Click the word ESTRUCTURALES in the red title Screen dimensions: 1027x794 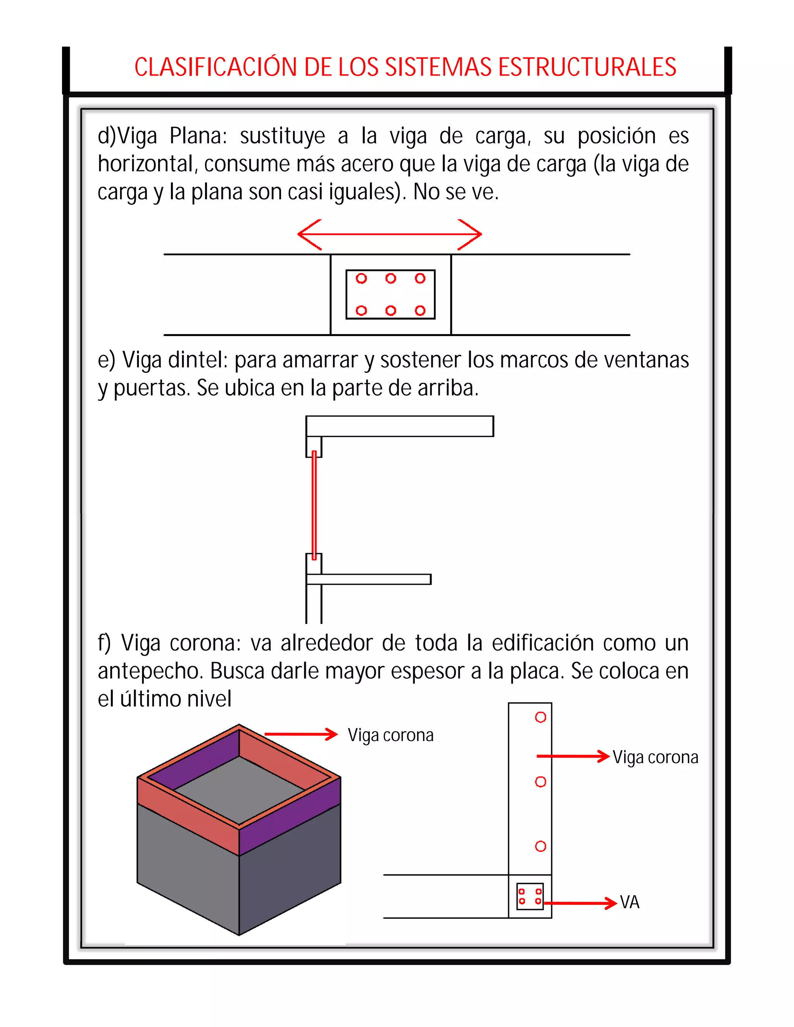pyautogui.click(x=587, y=67)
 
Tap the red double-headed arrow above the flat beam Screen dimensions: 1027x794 pyautogui.click(x=390, y=234)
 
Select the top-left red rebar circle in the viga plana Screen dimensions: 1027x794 pyautogui.click(x=361, y=278)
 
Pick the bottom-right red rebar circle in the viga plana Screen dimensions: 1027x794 pyautogui.click(x=420, y=310)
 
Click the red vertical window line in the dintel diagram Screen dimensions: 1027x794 pyautogui.click(x=314, y=505)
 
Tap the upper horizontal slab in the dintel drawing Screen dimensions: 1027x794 pyautogui.click(x=400, y=426)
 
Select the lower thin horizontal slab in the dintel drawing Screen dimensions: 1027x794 pyautogui.click(x=369, y=579)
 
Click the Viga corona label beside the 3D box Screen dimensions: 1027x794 pyautogui.click(x=390, y=735)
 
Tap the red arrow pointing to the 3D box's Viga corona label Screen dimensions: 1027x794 pyautogui.click(x=301, y=734)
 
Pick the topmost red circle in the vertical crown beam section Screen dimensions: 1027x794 pyautogui.click(x=540, y=717)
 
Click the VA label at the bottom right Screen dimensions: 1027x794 pyautogui.click(x=629, y=902)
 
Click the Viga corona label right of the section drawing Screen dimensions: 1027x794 pyautogui.click(x=655, y=757)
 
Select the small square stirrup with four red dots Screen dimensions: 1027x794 pyautogui.click(x=530, y=896)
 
